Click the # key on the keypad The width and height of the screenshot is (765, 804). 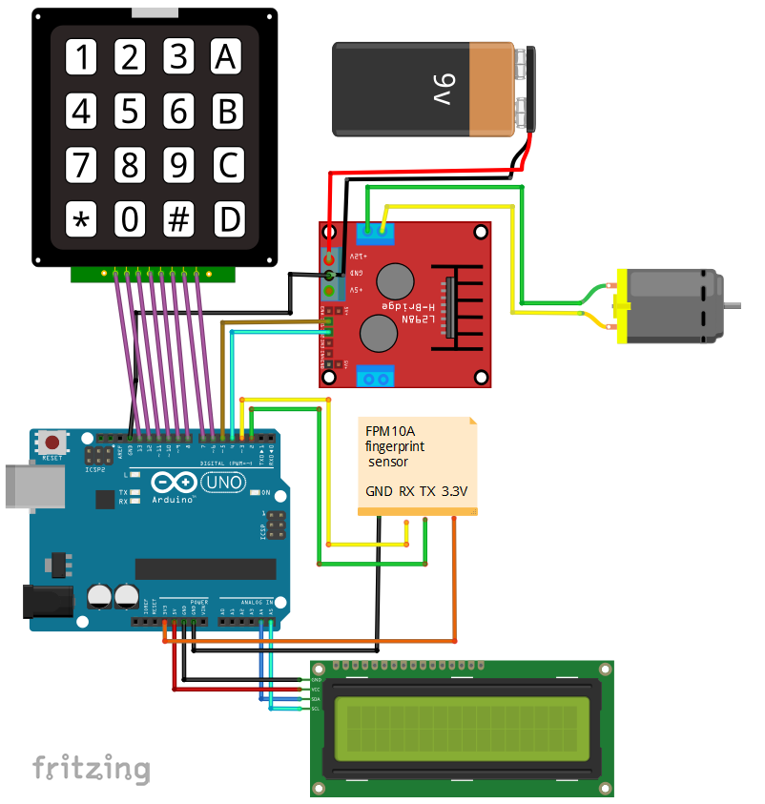click(x=178, y=220)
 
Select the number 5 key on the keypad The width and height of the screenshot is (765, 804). click(x=130, y=112)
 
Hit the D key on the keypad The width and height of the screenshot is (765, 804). click(x=227, y=220)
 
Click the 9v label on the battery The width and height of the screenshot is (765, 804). click(x=447, y=91)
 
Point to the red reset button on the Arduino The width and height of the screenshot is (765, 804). click(x=52, y=443)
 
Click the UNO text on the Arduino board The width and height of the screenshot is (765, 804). click(x=223, y=483)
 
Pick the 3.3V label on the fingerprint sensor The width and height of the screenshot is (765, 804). click(x=455, y=492)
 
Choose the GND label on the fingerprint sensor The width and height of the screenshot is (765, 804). click(x=378, y=492)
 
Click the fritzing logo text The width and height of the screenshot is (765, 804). click(x=92, y=768)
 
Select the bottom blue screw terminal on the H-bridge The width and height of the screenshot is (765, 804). click(x=376, y=378)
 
